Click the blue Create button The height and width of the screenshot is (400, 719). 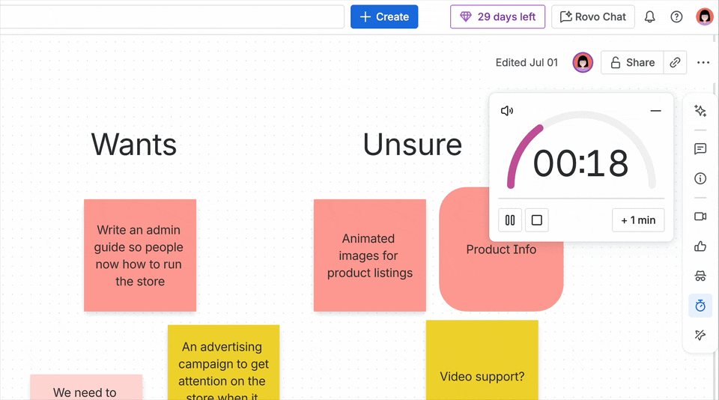(x=384, y=16)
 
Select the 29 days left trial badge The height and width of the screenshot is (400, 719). (x=498, y=16)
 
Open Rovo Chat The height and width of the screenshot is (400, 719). (x=593, y=16)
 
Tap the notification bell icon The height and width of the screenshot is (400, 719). (x=649, y=16)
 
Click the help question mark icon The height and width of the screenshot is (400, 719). (x=676, y=16)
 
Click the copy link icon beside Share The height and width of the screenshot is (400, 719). (x=675, y=62)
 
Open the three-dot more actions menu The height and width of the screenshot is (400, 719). (x=703, y=62)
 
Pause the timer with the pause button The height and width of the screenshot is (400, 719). (x=510, y=220)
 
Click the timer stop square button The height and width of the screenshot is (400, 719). (x=536, y=220)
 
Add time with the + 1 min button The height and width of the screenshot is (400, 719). (x=638, y=220)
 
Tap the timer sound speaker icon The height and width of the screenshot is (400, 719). (x=507, y=111)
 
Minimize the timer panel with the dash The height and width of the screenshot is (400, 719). (x=655, y=111)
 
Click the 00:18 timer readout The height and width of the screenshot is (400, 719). (x=580, y=163)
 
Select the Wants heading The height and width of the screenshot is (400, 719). (x=134, y=145)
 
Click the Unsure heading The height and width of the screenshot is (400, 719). (x=412, y=145)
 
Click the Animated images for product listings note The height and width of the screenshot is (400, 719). (x=369, y=255)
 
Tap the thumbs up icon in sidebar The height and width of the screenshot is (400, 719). (x=700, y=246)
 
